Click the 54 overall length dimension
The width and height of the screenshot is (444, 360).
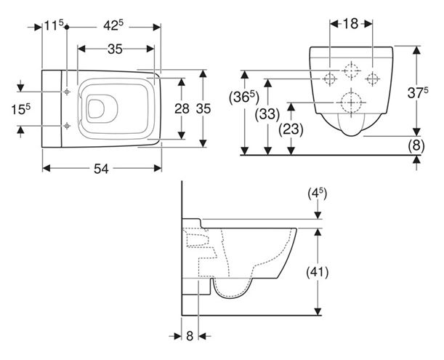(101, 169)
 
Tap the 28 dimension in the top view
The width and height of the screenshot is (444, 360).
(182, 108)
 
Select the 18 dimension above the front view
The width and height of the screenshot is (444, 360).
(350, 24)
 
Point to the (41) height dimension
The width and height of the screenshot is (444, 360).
(317, 273)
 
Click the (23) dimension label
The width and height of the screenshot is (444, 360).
(291, 129)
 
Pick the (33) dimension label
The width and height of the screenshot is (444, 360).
(267, 114)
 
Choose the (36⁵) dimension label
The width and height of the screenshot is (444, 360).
(244, 97)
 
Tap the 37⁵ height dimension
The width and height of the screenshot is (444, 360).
(418, 92)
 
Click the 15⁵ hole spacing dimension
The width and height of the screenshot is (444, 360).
(21, 109)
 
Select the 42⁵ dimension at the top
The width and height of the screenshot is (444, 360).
(113, 25)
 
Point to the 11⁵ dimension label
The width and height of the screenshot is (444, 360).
(54, 25)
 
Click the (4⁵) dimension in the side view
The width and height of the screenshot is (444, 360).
(317, 194)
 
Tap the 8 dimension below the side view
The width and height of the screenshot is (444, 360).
(190, 336)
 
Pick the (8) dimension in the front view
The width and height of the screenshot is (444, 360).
(416, 145)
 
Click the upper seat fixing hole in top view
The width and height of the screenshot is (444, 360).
(67, 92)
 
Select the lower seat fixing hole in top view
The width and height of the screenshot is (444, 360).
(67, 126)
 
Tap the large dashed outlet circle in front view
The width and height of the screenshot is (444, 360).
(352, 103)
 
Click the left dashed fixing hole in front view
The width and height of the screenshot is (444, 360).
(330, 79)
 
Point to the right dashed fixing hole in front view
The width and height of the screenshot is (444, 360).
(372, 79)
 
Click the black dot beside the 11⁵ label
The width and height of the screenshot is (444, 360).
(67, 27)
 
